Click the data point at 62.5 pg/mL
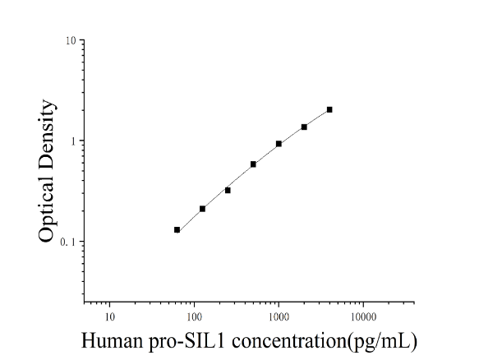pos(177,230)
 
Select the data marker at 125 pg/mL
pos(202,209)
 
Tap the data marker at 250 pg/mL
pos(228,191)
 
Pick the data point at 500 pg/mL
pos(253,164)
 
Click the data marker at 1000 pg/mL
pos(279,144)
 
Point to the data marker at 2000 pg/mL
pos(304,127)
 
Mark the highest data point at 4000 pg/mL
pos(329,109)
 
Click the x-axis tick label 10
pos(109,317)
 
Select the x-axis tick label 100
pos(194,317)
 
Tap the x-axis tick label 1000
pos(279,317)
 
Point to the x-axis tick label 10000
pos(363,317)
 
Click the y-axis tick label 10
pos(71,40)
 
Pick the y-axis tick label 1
pos(73,141)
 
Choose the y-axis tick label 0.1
pos(67,242)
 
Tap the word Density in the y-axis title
pos(48,136)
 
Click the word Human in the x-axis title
pos(112,341)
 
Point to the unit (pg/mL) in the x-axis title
pos(382,341)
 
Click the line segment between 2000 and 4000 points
pos(317,118)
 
